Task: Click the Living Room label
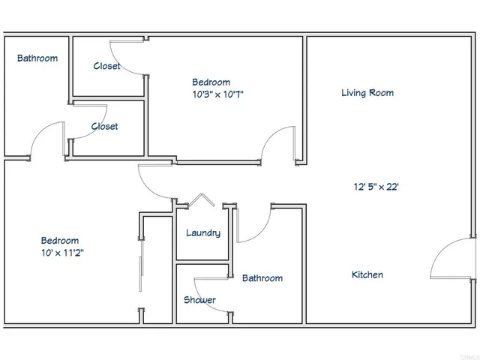pos(367,93)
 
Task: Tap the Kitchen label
pos(367,274)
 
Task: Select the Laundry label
pos(203,232)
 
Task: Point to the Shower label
pos(199,300)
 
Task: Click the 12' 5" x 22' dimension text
pos(376,187)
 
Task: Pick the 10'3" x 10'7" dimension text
pos(219,94)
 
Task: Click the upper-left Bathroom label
pos(37,58)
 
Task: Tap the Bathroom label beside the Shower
pos(262,278)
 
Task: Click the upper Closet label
pos(106,66)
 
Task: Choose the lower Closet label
pos(104,127)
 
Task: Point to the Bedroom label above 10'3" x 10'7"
pos(211,82)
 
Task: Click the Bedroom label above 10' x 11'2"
pos(59,241)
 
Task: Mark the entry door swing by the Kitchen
pos(450,259)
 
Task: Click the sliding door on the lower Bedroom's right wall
pos(141,262)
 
